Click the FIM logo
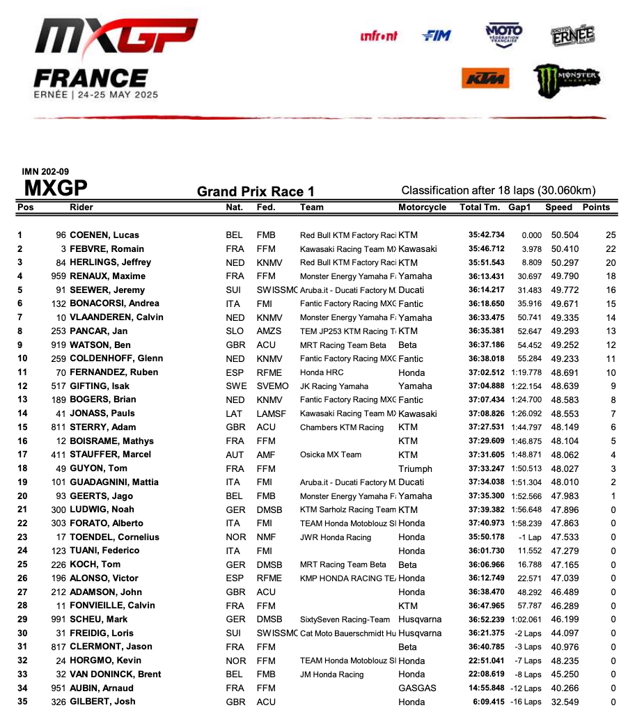[x=437, y=35]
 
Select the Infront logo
[x=379, y=36]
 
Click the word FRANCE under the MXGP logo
[x=91, y=77]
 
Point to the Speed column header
[x=559, y=207]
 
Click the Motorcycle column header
[x=422, y=207]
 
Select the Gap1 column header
[x=519, y=207]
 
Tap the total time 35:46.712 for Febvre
[x=486, y=248]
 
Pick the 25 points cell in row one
[x=611, y=235]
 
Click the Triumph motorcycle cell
[x=415, y=468]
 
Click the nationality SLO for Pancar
[x=235, y=331]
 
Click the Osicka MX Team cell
[x=331, y=455]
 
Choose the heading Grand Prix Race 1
[x=256, y=191]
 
